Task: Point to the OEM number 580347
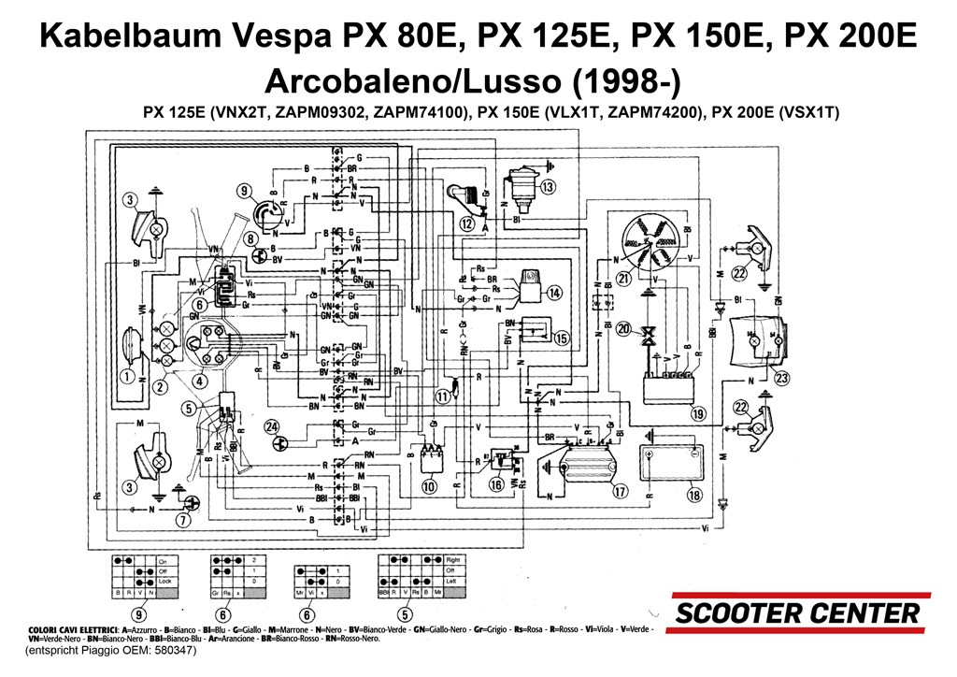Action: click(171, 650)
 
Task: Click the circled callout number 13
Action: click(547, 187)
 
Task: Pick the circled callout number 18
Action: click(693, 496)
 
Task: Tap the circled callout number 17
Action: click(620, 490)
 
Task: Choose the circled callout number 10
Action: click(429, 486)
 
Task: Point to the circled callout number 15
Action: click(561, 338)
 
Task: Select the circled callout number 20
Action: click(623, 328)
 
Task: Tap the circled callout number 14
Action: click(555, 293)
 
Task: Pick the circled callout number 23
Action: click(781, 379)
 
